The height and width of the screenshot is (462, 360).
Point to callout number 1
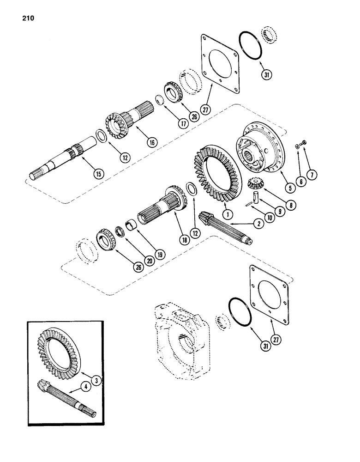[x=227, y=214]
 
